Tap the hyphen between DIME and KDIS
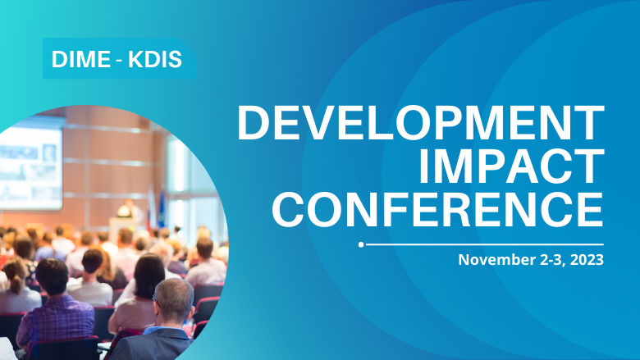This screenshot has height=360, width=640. coord(118,60)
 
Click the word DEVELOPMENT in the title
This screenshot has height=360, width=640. coord(420,124)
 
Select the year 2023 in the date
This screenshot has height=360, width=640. coord(587,261)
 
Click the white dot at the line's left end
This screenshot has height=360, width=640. coord(361,244)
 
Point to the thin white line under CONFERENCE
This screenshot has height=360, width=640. coord(484,244)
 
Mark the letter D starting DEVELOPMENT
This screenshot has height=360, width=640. coord(252,124)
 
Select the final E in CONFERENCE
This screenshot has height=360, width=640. coord(588,209)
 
